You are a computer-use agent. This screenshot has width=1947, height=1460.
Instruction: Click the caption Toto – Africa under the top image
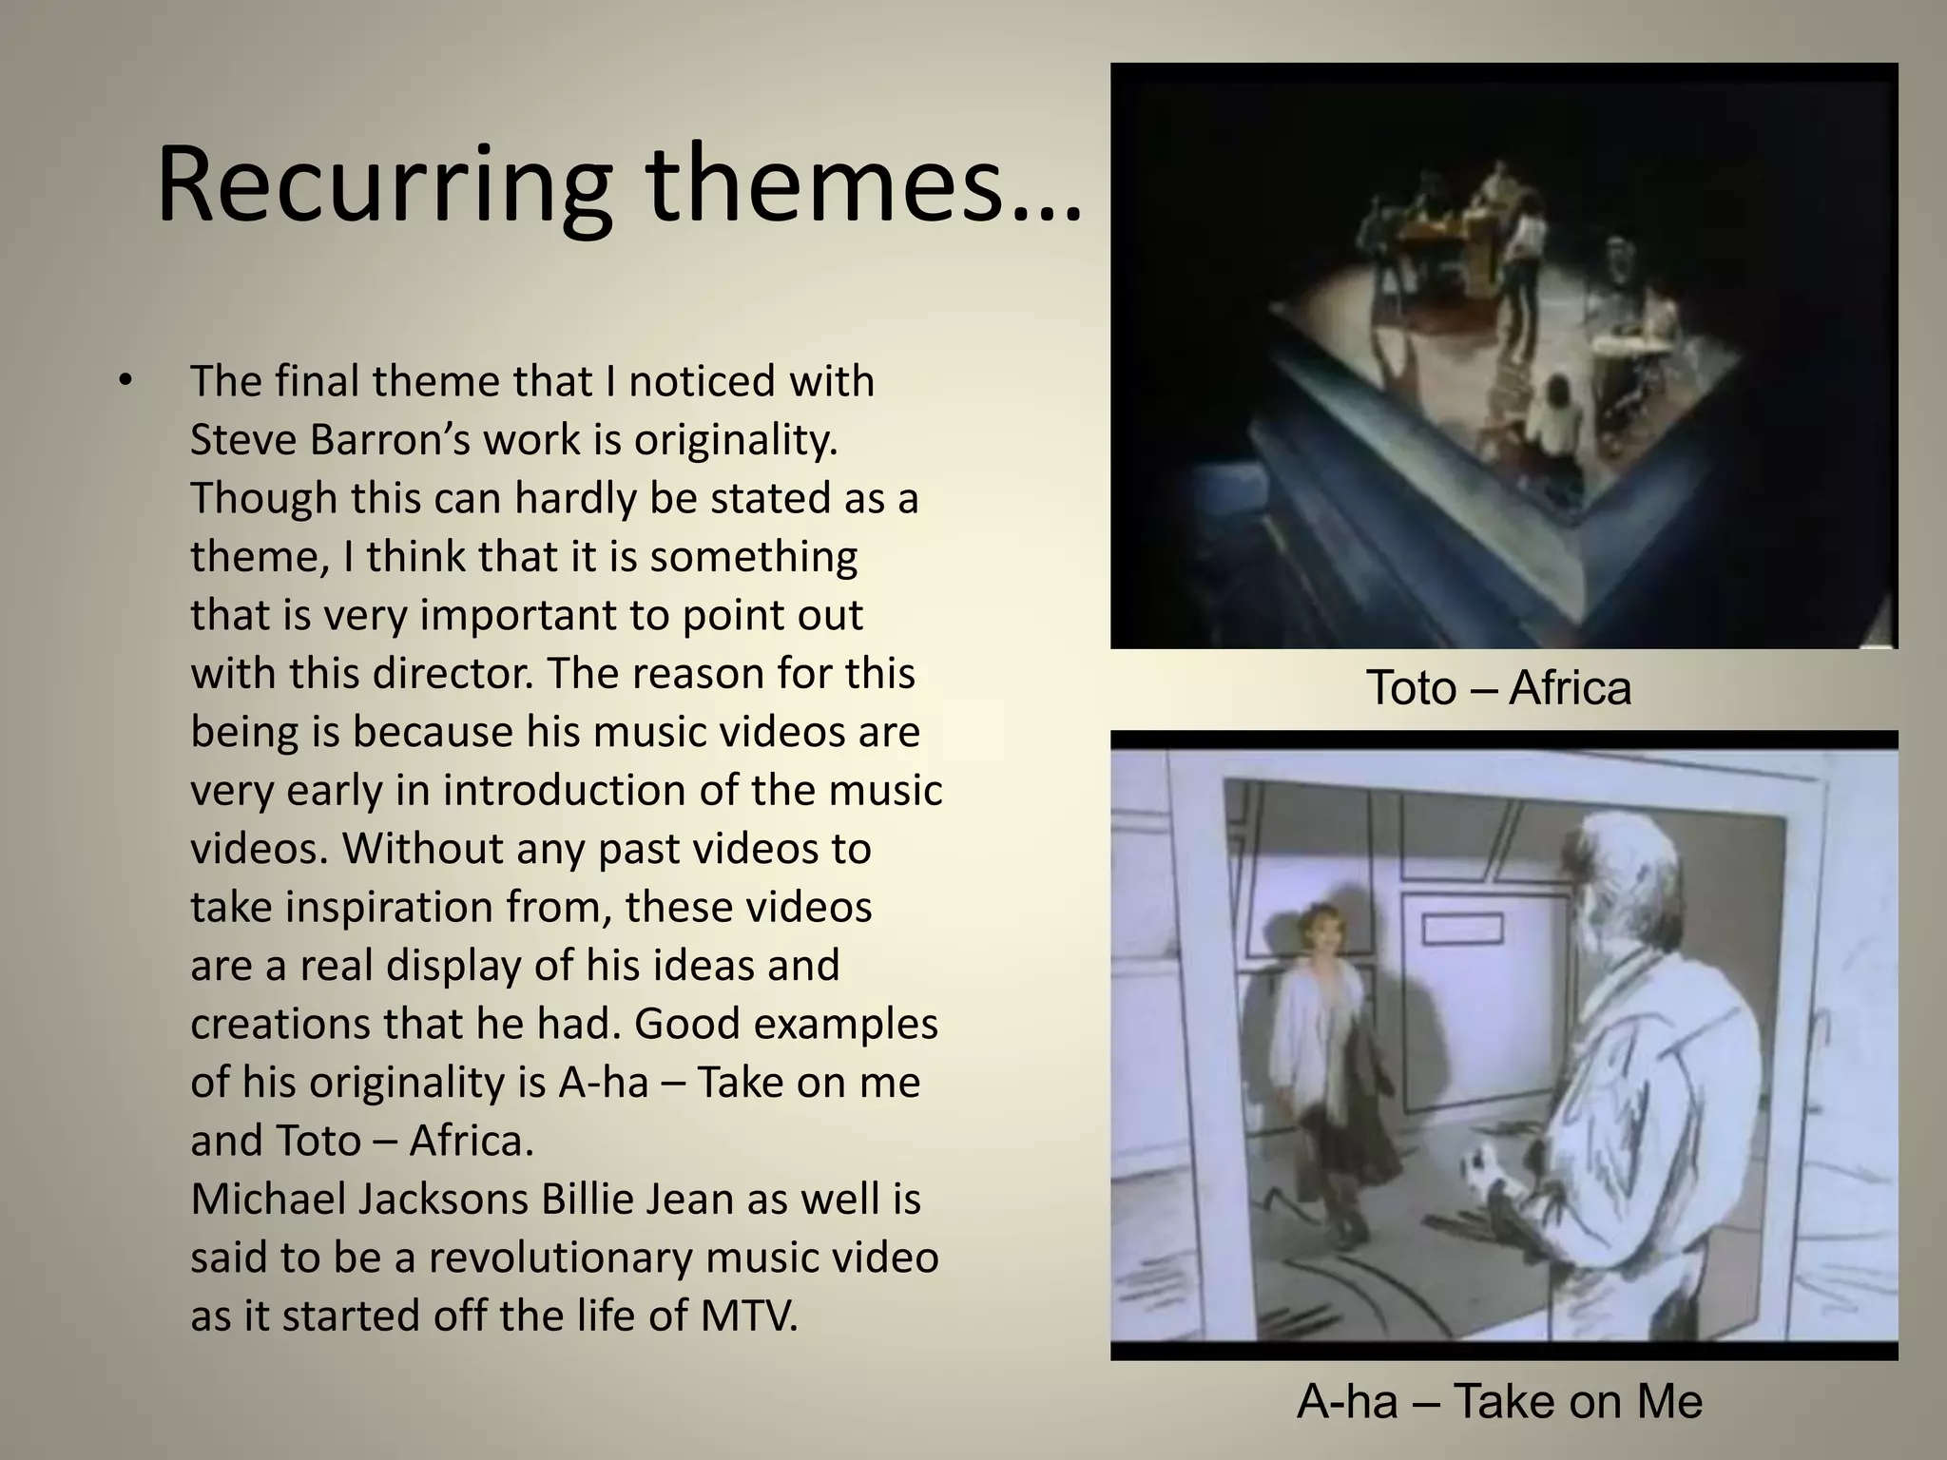tap(1498, 688)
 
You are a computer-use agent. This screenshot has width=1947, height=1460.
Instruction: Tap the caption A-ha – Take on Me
tap(1499, 1402)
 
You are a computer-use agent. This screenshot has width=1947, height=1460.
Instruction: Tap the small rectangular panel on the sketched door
tap(1463, 929)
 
